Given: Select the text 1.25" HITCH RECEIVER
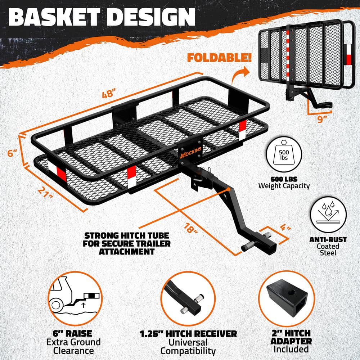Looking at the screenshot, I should (x=188, y=333).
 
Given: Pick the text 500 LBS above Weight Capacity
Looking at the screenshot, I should (x=284, y=178).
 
